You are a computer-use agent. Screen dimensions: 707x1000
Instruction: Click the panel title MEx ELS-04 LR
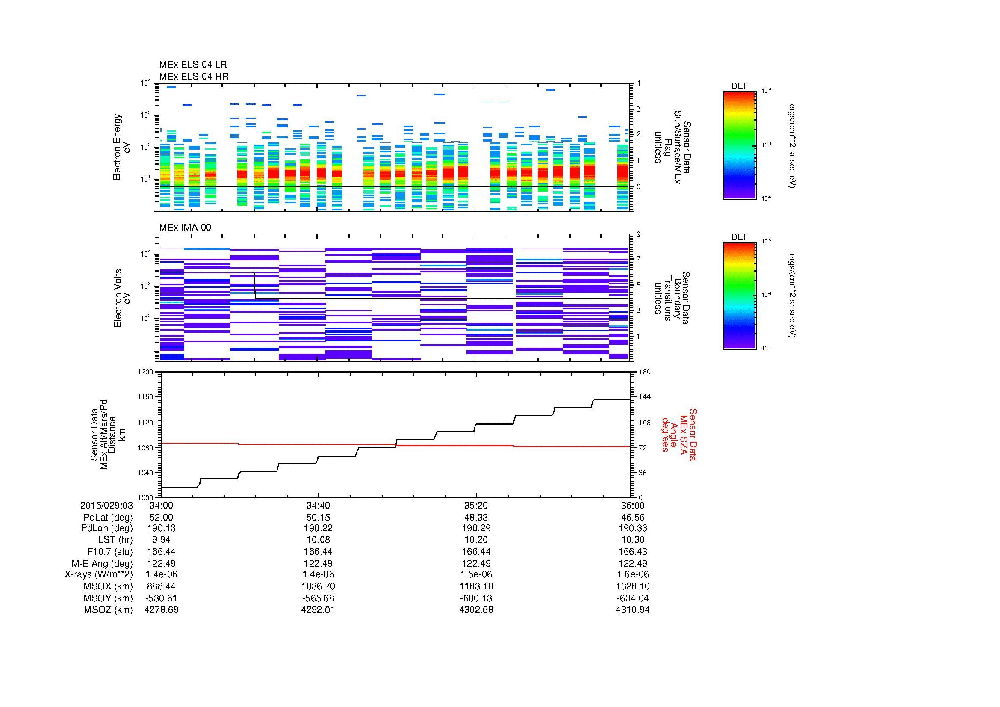192,65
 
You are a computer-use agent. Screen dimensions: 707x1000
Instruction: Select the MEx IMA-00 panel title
185,228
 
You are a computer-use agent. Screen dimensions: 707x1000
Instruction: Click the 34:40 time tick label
318,505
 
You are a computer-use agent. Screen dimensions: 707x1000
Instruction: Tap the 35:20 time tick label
476,505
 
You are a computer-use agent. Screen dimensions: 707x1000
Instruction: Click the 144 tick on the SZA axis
644,397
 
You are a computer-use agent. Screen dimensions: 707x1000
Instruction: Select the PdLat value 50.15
318,518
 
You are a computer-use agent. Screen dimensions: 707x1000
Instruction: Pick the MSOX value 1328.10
632,586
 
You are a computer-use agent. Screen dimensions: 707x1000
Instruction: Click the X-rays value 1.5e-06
476,574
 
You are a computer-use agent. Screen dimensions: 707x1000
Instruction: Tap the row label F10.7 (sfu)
110,551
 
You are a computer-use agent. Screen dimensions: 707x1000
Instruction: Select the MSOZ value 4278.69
161,610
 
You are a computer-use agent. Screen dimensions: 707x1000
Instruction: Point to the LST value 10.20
476,540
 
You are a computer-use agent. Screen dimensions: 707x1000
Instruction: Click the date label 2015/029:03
106,505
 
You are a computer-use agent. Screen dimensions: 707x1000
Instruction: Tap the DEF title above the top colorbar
739,86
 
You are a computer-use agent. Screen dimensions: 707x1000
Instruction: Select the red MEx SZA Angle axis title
678,434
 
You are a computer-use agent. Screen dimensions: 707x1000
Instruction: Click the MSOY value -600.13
476,598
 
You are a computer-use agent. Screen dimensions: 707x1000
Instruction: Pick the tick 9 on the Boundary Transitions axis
638,234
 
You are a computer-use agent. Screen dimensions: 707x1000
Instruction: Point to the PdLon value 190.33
632,528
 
